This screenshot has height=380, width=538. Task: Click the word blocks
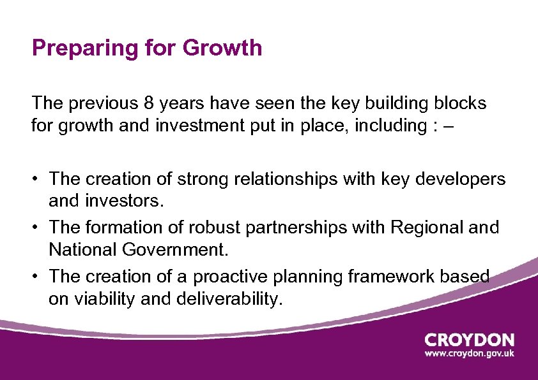click(x=454, y=103)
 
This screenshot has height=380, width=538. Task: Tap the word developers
click(x=460, y=179)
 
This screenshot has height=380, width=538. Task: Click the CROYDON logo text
click(x=469, y=340)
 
